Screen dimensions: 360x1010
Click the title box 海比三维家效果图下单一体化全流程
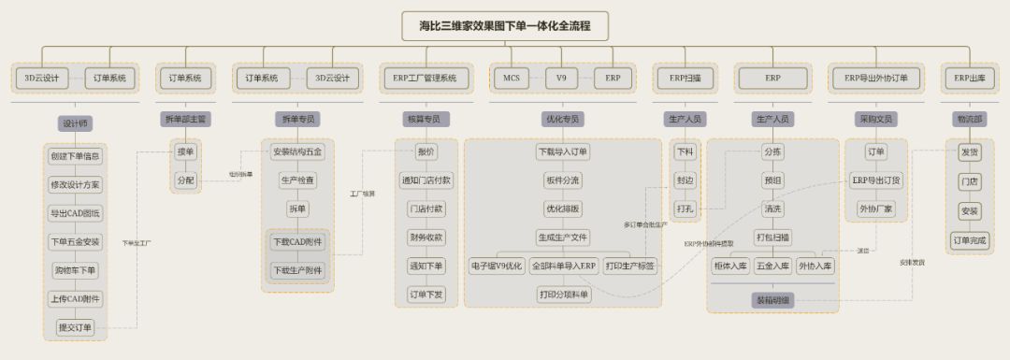(505, 25)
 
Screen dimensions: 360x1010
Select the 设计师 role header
(75, 123)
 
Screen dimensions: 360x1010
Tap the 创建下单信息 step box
(75, 156)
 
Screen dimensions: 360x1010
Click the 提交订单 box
(75, 326)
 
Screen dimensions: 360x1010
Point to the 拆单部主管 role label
(185, 119)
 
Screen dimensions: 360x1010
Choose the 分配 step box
(185, 180)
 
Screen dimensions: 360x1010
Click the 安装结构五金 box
(298, 151)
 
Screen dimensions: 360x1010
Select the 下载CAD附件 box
(298, 242)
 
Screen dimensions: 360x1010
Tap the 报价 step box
(426, 151)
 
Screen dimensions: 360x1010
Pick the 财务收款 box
(426, 238)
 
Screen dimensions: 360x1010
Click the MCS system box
(511, 78)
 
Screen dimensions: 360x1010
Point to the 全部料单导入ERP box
(563, 266)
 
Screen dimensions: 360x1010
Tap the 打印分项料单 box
(563, 295)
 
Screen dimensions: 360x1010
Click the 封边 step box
(685, 180)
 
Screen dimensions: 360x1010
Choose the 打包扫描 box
(772, 238)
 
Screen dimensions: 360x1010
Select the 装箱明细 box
(772, 301)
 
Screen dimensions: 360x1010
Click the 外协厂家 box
(875, 209)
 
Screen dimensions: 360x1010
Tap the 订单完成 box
(969, 239)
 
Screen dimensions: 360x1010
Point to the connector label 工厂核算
(362, 194)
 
